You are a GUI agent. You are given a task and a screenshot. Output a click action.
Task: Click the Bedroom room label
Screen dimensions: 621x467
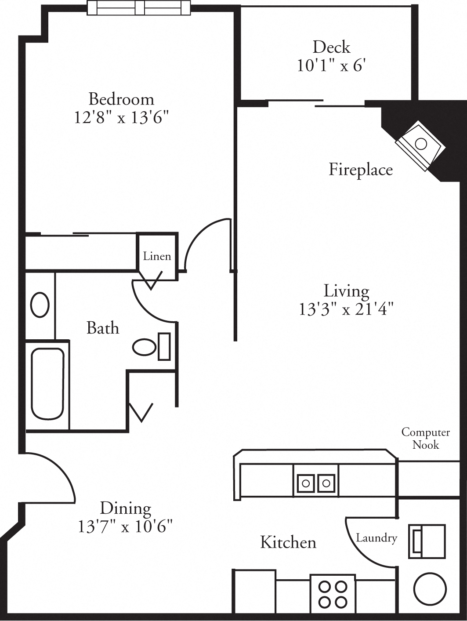pos(121,99)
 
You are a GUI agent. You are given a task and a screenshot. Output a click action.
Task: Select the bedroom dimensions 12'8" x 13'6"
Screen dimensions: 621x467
pos(121,117)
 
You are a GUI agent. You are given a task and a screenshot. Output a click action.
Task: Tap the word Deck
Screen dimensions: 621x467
pos(331,47)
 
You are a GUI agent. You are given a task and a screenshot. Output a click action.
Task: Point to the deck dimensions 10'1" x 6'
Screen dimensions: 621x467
pos(331,65)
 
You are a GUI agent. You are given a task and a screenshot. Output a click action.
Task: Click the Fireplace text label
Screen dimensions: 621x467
pos(360,169)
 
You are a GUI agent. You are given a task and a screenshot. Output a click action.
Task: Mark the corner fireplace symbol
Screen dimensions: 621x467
pos(420,147)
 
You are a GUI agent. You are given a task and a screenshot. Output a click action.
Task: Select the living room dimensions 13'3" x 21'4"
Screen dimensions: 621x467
pos(346,309)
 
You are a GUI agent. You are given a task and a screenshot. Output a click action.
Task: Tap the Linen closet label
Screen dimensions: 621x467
pos(157,256)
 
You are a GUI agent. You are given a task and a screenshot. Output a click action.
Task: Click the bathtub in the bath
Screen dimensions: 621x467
pos(47,384)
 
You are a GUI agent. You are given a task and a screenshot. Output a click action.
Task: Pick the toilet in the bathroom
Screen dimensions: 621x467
pos(149,347)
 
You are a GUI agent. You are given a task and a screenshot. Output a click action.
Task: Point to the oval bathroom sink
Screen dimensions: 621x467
pos(40,305)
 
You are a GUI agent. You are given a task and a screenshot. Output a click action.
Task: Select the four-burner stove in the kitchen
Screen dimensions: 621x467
pos(333,594)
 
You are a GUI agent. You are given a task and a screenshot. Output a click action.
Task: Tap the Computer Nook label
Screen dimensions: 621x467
pos(425,438)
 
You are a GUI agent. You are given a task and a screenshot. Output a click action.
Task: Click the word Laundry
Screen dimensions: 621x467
pos(376,537)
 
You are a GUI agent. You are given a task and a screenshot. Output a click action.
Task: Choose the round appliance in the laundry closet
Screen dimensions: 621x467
pos(430,588)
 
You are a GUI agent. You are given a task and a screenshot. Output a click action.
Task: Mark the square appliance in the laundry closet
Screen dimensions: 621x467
pos(426,541)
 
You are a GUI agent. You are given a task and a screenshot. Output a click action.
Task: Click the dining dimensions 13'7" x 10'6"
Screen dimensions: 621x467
pos(125,526)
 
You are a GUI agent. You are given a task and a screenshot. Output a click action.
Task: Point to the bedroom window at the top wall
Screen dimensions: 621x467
pos(139,7)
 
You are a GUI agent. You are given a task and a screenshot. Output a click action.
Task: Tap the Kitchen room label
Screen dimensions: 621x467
pos(288,542)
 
